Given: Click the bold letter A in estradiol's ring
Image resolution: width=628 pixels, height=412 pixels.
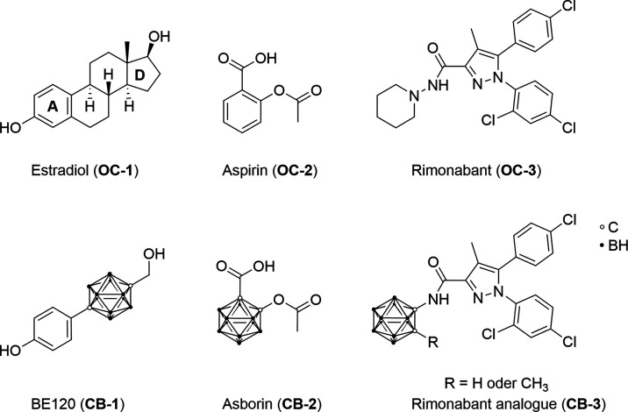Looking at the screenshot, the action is (x=53, y=106).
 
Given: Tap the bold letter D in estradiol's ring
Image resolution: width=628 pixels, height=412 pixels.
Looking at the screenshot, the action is (x=139, y=75).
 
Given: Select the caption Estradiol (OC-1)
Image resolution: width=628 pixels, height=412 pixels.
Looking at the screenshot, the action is (x=84, y=171).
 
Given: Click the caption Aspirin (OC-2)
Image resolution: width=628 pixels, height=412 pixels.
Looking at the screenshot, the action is (x=269, y=171).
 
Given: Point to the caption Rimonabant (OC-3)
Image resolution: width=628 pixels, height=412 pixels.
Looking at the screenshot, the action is (x=475, y=171).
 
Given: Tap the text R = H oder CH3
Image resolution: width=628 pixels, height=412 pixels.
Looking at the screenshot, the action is (x=496, y=384).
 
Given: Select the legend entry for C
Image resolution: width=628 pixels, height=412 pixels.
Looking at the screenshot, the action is (x=609, y=227).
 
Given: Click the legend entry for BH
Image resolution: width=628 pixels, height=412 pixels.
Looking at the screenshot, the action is (x=613, y=245).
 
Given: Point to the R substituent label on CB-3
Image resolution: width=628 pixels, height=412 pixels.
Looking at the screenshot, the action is (x=433, y=343).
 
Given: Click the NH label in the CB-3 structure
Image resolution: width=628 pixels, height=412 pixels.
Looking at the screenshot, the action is (x=439, y=299).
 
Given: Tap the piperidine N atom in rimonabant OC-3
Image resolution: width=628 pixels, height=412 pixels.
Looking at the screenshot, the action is (x=415, y=96).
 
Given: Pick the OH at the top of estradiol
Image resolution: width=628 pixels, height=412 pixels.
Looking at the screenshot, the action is (x=160, y=37).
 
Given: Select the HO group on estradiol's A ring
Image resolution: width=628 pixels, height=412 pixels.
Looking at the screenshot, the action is (x=11, y=128).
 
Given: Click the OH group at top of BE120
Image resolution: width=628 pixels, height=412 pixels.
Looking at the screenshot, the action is (x=154, y=254).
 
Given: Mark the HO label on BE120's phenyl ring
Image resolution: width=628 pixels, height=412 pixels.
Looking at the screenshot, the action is (x=11, y=351).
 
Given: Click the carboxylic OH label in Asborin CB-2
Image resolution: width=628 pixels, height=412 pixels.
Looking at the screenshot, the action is (x=264, y=266).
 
